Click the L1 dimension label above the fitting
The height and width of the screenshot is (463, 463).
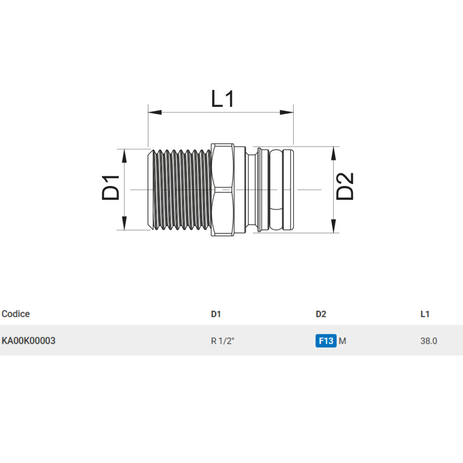[x=223, y=99]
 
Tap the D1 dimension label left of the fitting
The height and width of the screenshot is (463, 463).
[x=111, y=187]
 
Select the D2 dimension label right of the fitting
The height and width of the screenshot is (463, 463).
[x=345, y=186]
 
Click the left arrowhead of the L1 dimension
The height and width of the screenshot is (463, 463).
[x=155, y=112]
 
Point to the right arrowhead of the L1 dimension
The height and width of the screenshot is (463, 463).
[x=287, y=112]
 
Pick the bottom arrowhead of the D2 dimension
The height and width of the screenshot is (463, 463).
[x=333, y=225]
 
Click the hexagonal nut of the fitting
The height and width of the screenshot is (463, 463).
[x=222, y=189]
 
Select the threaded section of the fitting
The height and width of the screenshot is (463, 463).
[x=181, y=189]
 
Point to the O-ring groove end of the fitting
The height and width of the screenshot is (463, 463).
[x=277, y=189]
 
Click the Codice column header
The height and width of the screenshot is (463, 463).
[x=16, y=314]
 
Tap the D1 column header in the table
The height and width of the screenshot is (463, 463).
[x=216, y=314]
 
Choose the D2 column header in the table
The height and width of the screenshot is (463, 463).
[x=321, y=314]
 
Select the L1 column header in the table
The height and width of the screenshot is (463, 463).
[x=425, y=314]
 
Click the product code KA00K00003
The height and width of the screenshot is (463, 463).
[x=28, y=341]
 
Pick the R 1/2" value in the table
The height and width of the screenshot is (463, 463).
[x=222, y=341]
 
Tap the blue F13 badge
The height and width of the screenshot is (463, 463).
[x=326, y=341]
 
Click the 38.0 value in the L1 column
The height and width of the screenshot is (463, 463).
[x=429, y=341]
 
